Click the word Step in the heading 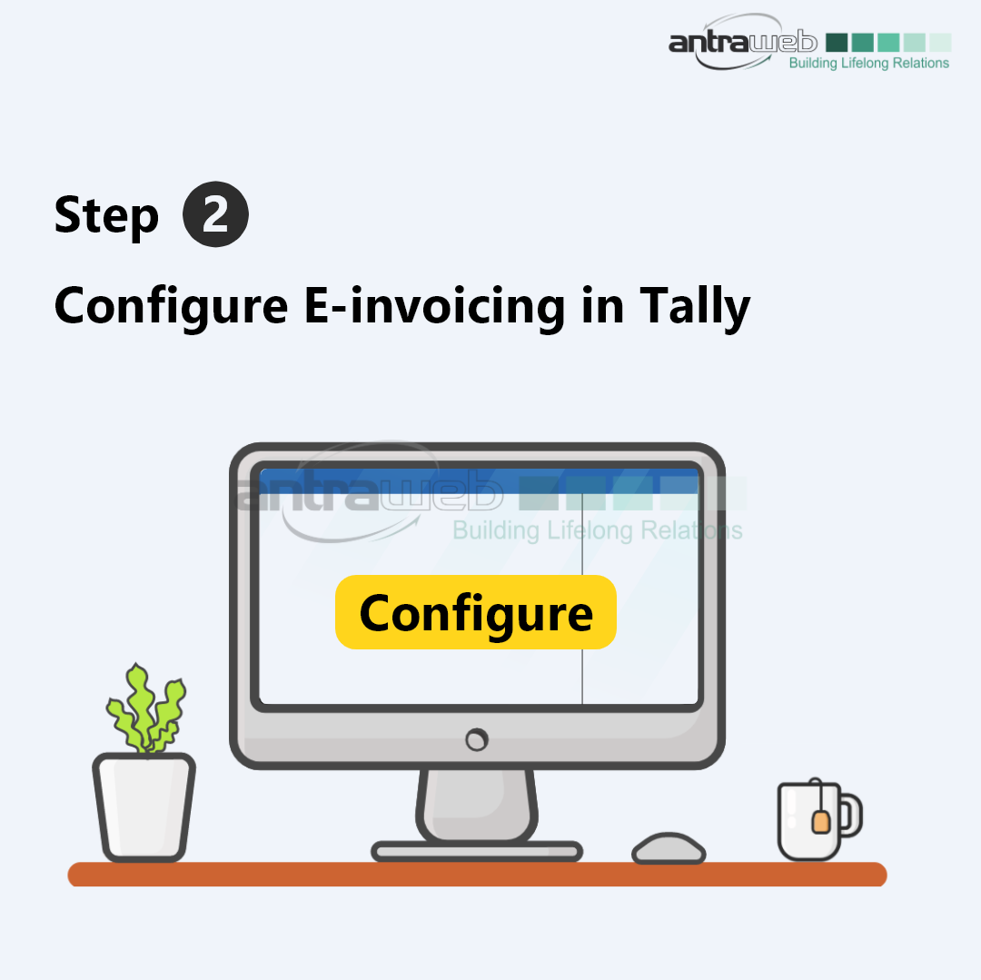pos(106,216)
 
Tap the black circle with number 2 pos(216,214)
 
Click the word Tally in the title pos(695,307)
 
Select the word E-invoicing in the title pos(435,306)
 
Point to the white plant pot pos(144,807)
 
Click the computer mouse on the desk pos(669,848)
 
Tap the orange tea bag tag pos(820,821)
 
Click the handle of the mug pos(851,815)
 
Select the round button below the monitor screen pos(477,740)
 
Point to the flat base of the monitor pos(477,851)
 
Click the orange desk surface pos(478,875)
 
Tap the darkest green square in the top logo pos(837,43)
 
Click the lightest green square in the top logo pos(940,43)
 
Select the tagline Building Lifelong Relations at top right pos(869,64)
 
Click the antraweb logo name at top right pos(743,42)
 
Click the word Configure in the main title pos(171,307)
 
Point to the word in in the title pos(602,305)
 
